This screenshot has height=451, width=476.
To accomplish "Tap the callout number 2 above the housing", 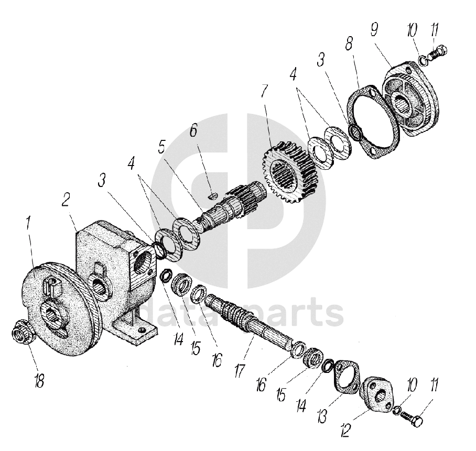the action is [x=67, y=201].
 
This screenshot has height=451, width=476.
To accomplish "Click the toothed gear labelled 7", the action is [x=287, y=169].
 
